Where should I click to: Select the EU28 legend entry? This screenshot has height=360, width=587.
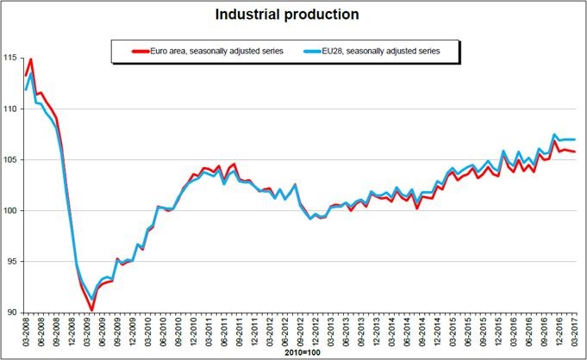coord(380,52)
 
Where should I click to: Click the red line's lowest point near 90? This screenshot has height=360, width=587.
coord(91,310)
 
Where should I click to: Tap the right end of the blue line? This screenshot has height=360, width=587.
coord(575,140)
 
